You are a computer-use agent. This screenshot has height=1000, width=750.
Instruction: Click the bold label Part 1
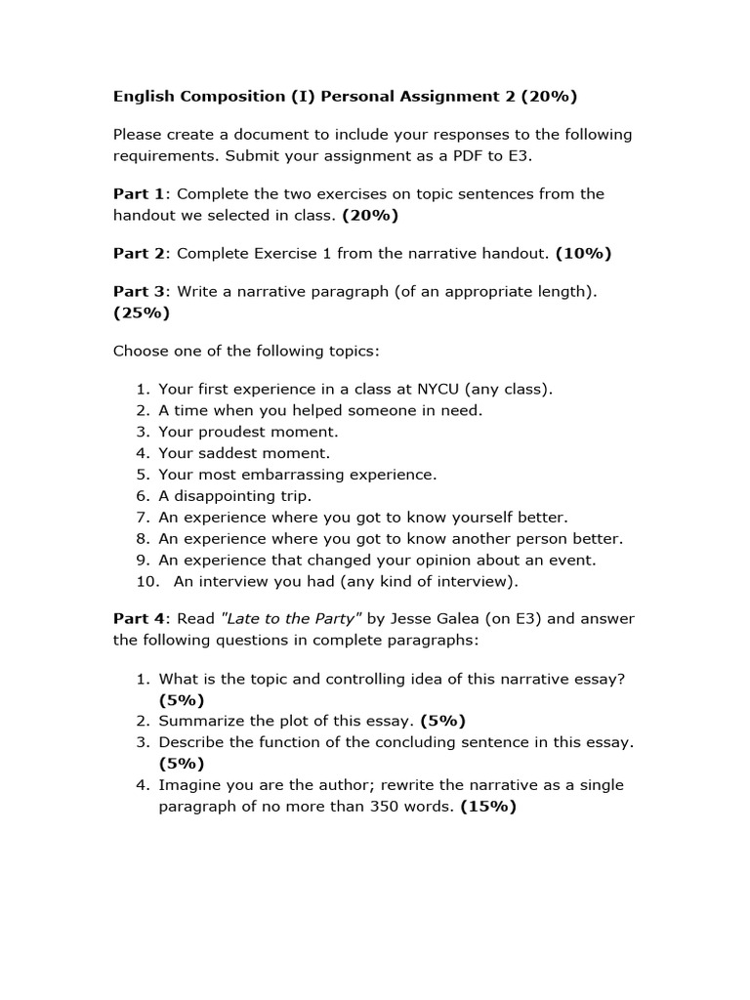click(140, 193)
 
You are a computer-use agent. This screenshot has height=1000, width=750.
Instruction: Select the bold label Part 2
click(140, 253)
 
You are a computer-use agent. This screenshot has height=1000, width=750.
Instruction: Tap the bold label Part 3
click(140, 291)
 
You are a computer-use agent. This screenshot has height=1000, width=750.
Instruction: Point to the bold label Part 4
click(140, 618)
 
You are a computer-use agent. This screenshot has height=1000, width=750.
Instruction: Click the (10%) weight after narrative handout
click(583, 253)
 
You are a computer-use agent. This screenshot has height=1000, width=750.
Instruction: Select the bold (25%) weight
click(142, 312)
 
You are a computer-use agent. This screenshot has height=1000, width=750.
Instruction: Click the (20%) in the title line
click(549, 96)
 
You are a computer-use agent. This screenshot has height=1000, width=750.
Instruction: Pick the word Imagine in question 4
click(190, 785)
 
